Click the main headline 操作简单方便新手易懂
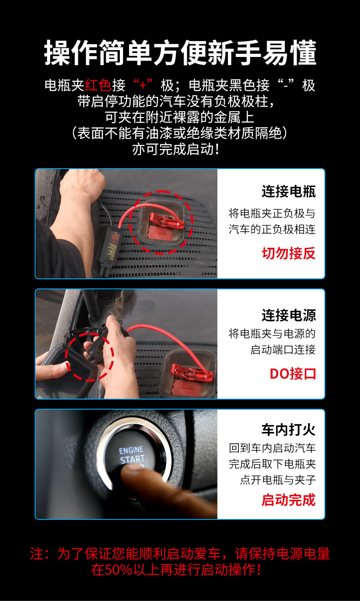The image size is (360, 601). pyautogui.click(x=180, y=52)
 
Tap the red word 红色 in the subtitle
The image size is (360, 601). pyautogui.click(x=98, y=85)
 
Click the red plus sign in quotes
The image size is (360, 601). pyautogui.click(x=143, y=85)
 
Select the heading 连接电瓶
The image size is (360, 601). pyautogui.click(x=288, y=191)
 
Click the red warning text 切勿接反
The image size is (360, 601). pyautogui.click(x=288, y=253)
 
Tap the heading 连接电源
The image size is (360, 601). pyautogui.click(x=288, y=315)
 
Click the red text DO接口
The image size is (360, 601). pyautogui.click(x=293, y=374)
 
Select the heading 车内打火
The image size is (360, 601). pyautogui.click(x=288, y=430)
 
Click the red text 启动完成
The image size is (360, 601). pyautogui.click(x=288, y=500)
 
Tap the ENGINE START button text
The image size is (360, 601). pyautogui.click(x=132, y=455)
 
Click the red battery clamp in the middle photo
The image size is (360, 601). pyautogui.click(x=192, y=372)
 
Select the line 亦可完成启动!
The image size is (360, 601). pyautogui.click(x=176, y=149)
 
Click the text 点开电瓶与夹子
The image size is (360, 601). pyautogui.click(x=278, y=480)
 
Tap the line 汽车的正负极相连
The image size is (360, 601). pyautogui.click(x=272, y=229)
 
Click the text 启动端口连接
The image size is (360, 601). pyautogui.click(x=283, y=349)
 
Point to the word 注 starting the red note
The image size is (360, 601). pyautogui.click(x=37, y=554)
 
